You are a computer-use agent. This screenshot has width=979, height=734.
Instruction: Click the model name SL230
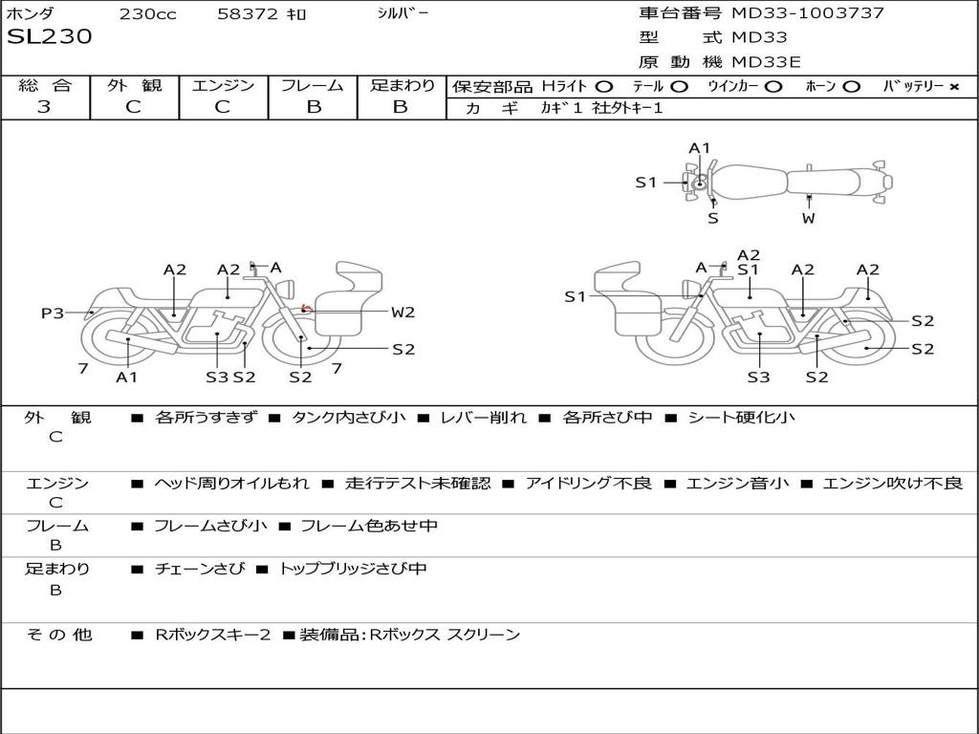[50, 37]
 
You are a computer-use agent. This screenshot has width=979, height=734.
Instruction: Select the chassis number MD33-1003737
[808, 13]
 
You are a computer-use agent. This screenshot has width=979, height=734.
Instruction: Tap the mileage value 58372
[248, 14]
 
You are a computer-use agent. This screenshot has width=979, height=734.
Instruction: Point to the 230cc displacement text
[147, 14]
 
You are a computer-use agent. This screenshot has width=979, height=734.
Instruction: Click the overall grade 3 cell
[44, 107]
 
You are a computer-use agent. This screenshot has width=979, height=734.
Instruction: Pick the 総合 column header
[44, 86]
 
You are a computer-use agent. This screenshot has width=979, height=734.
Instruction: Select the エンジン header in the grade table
[223, 86]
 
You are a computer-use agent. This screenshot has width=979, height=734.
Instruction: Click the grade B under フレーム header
[313, 107]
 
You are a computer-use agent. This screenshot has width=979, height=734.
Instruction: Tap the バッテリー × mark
[953, 87]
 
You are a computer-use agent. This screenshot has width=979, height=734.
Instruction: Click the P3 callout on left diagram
[53, 313]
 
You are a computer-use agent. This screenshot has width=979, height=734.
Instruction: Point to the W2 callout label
[402, 312]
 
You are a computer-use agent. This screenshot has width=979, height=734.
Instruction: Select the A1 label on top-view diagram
[700, 148]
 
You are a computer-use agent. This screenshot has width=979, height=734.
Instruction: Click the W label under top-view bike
[809, 218]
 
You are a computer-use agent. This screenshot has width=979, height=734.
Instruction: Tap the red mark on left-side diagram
[305, 309]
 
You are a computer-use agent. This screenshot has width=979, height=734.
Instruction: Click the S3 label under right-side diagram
[758, 377]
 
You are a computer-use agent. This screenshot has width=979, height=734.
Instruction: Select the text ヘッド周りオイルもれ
[231, 484]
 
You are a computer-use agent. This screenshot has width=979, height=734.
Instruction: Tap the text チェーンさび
[199, 569]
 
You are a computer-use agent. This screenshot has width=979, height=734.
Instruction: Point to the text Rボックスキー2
[213, 635]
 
